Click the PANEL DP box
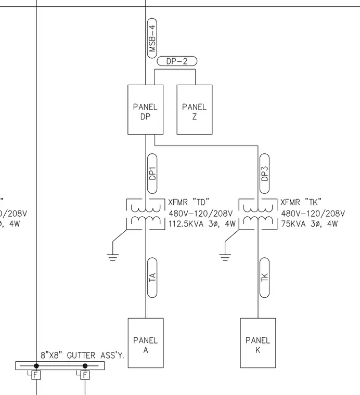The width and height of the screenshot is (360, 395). click(146, 110)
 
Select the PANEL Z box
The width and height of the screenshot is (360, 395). click(195, 110)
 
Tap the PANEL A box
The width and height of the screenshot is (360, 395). click(146, 343)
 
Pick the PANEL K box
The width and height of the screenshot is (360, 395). click(258, 343)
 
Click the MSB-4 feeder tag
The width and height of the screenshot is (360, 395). click(152, 38)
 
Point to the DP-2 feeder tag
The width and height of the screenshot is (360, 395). click(177, 61)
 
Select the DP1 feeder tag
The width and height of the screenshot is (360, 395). click(152, 174)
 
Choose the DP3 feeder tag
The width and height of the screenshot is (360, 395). click(264, 174)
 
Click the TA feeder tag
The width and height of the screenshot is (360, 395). click(152, 278)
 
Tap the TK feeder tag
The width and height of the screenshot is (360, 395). click(264, 278)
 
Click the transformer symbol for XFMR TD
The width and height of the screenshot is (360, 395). click(146, 214)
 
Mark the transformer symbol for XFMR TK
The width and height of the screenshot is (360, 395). click(258, 214)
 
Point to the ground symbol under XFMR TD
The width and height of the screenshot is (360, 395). click(112, 257)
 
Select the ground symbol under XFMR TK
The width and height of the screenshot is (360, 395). click(225, 257)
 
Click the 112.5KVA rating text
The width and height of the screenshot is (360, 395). click(186, 223)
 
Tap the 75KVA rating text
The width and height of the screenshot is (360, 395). click(293, 223)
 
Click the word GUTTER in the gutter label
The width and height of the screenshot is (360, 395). click(81, 355)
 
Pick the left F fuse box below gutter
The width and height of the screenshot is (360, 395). click(36, 375)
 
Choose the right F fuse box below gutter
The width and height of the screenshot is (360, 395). click(85, 375)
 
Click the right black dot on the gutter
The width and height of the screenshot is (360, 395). click(85, 366)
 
